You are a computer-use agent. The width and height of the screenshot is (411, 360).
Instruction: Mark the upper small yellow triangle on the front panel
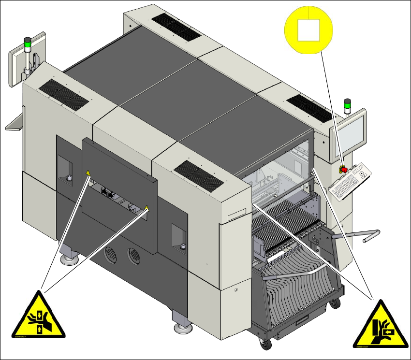tap(88, 173)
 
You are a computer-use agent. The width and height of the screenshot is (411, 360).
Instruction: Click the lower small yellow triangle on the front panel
tap(147, 208)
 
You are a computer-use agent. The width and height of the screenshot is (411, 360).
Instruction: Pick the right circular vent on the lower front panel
tap(132, 255)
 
